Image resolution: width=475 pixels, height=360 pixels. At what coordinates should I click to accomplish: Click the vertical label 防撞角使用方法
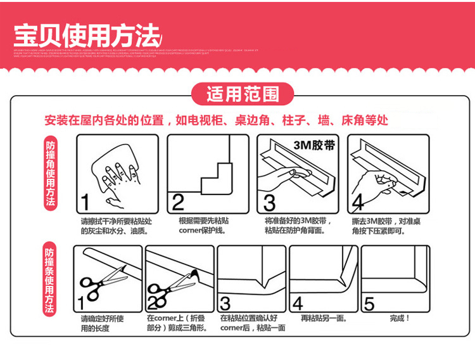51,173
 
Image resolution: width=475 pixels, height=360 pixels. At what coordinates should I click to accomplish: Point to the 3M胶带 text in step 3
313,145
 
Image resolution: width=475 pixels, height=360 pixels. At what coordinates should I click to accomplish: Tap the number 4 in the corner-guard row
358,202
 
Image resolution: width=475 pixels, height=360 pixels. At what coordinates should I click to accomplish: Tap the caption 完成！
400,318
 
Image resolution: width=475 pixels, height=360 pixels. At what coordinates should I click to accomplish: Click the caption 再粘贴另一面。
323,318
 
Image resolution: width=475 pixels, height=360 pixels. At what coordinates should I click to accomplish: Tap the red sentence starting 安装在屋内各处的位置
216,120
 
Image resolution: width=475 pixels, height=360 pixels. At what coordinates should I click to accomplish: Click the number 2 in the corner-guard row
178,203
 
